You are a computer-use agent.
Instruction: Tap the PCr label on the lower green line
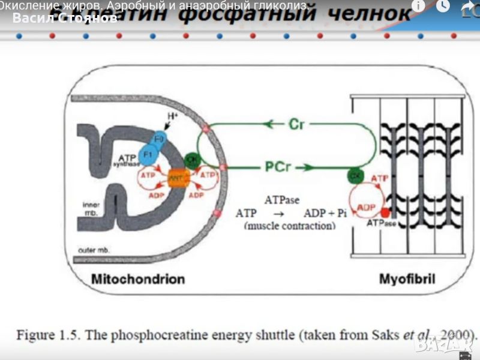[278, 167]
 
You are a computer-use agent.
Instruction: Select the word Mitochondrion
[138, 279]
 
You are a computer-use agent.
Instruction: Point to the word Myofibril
[407, 279]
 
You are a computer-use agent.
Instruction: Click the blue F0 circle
[159, 139]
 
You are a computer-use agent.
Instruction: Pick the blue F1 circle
[146, 154]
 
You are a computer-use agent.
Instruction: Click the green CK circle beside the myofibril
[354, 175]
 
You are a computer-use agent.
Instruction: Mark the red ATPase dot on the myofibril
[385, 212]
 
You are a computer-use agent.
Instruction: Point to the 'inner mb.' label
[91, 209]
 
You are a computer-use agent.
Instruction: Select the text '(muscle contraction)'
[290, 226]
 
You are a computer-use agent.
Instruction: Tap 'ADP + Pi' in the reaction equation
[325, 213]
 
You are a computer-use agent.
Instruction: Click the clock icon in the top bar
[443, 6]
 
